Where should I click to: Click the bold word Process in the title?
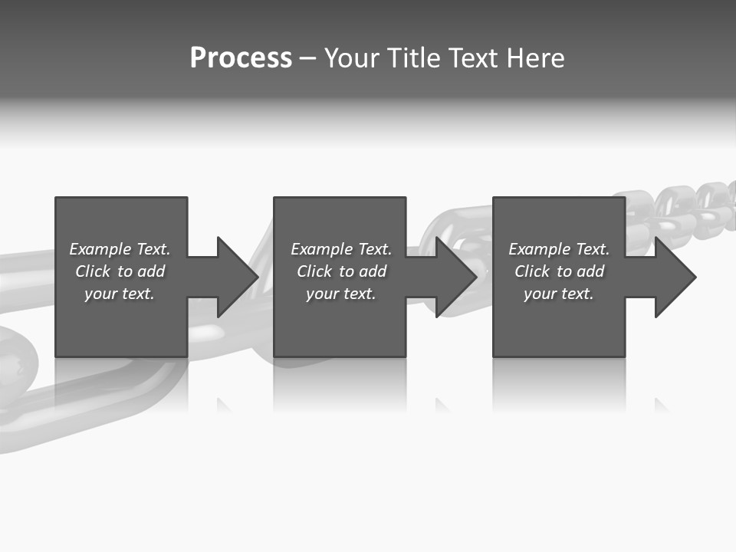click(241, 58)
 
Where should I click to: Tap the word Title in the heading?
click(413, 58)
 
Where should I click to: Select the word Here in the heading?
click(535, 58)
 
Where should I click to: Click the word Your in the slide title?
click(353, 58)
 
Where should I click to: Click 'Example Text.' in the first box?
click(120, 249)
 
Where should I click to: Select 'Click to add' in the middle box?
click(341, 271)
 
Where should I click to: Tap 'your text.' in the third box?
click(558, 294)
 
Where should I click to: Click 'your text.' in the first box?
click(120, 294)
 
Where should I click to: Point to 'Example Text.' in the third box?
click(559, 249)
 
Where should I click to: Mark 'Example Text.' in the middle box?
click(341, 249)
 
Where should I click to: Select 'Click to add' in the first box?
click(120, 271)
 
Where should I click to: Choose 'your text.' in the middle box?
click(341, 294)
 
